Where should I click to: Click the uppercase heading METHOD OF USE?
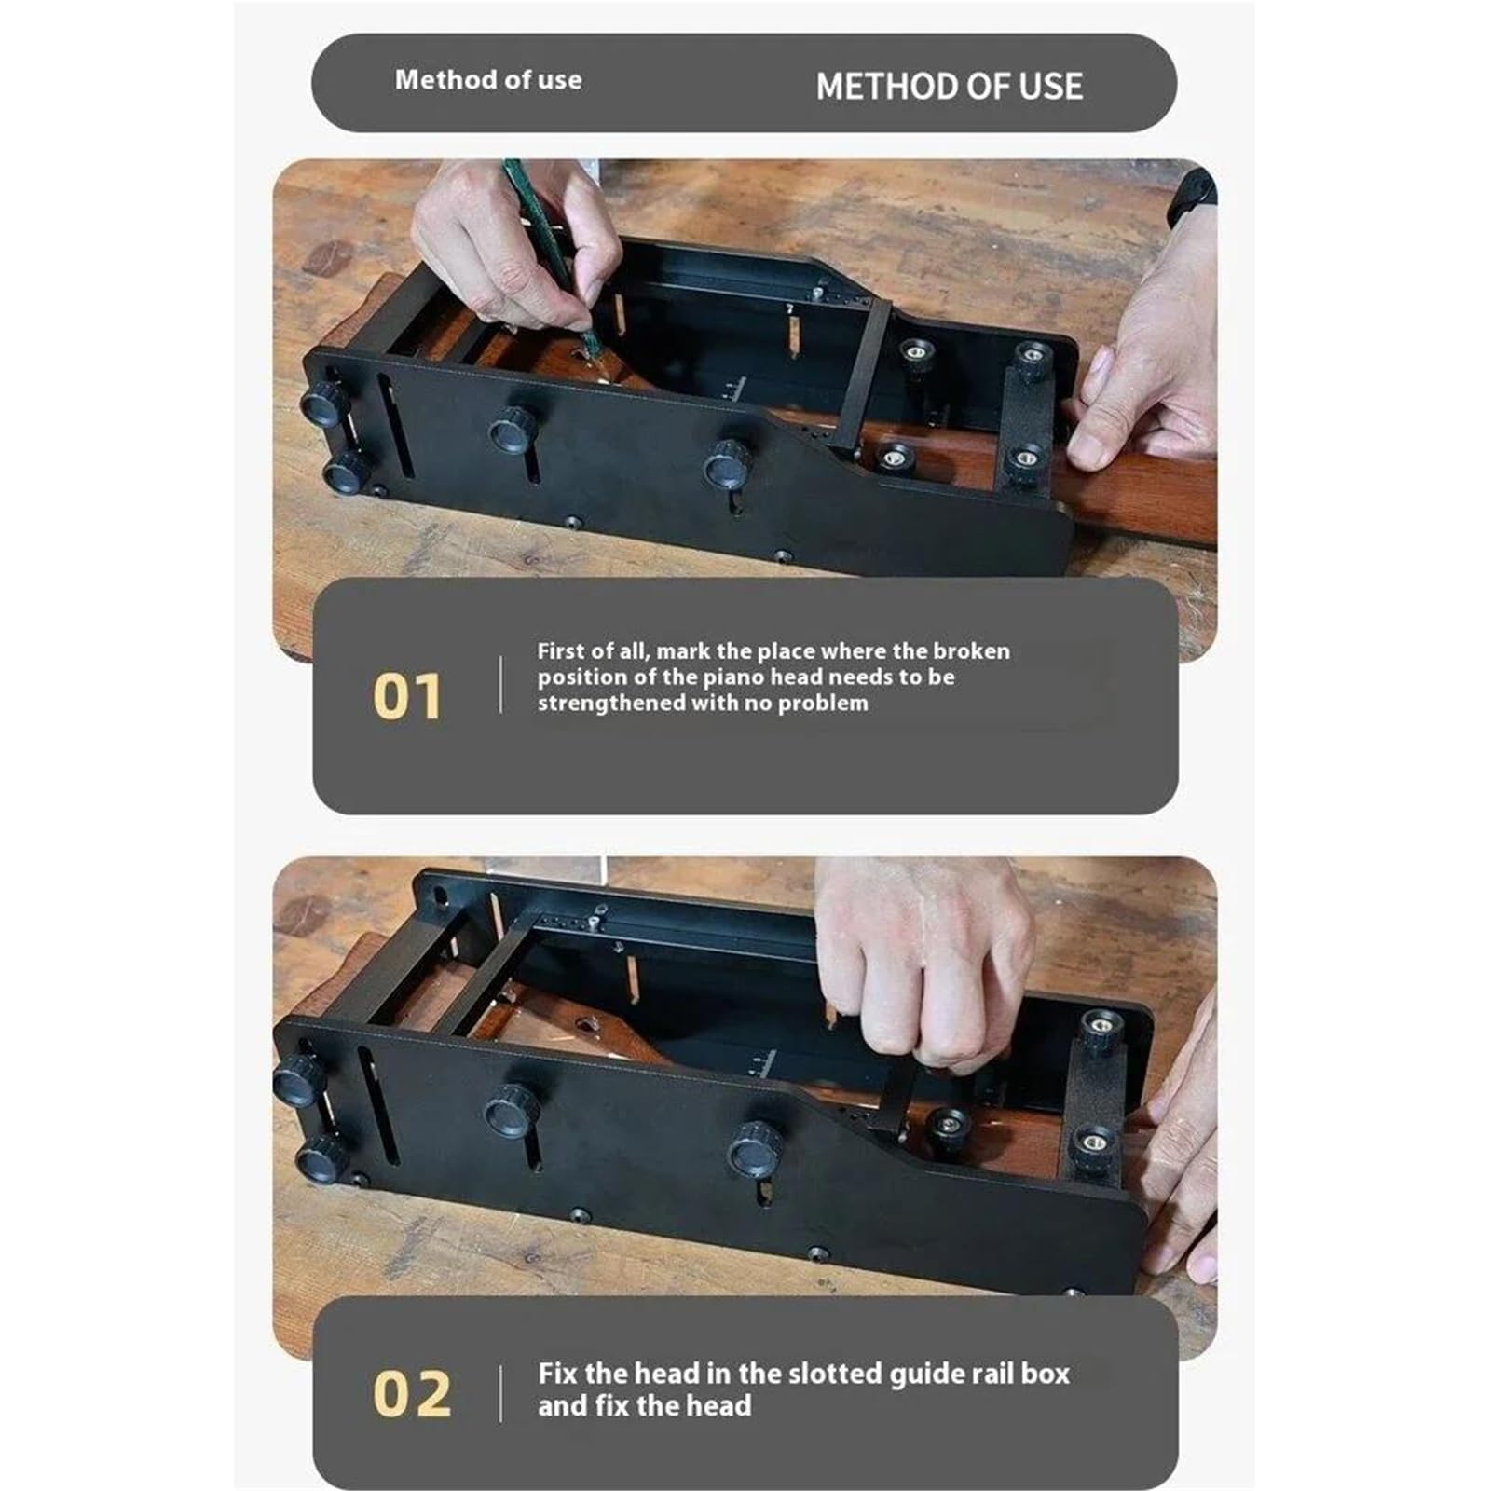pos(949,87)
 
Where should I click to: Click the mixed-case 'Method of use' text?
pos(488,80)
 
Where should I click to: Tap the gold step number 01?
pos(407,697)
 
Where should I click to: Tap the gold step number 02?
pos(412,1394)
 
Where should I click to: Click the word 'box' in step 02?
pos(1046,1374)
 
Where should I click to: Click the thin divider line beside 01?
pos(501,685)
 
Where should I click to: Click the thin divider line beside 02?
pos(501,1394)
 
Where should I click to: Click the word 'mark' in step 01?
pos(684,650)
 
